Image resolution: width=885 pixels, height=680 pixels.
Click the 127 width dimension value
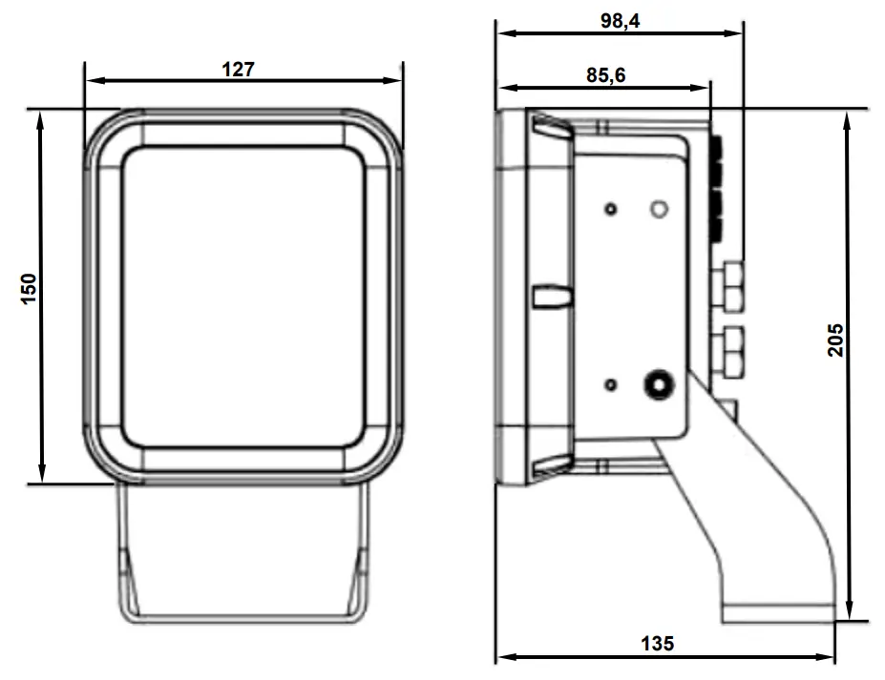click(240, 69)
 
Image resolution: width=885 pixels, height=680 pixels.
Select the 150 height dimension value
click(29, 289)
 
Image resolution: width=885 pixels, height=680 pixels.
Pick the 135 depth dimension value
click(656, 644)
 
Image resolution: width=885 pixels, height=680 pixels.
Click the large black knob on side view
click(658, 385)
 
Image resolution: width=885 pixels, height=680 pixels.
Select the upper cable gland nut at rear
click(730, 284)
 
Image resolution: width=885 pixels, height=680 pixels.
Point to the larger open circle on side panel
click(658, 209)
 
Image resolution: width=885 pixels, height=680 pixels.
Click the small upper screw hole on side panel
click(611, 209)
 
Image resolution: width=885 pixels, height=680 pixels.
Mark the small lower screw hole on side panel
click(611, 385)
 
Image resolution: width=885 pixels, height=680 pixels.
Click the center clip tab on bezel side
click(552, 296)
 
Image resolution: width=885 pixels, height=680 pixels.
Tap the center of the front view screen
click(244, 296)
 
